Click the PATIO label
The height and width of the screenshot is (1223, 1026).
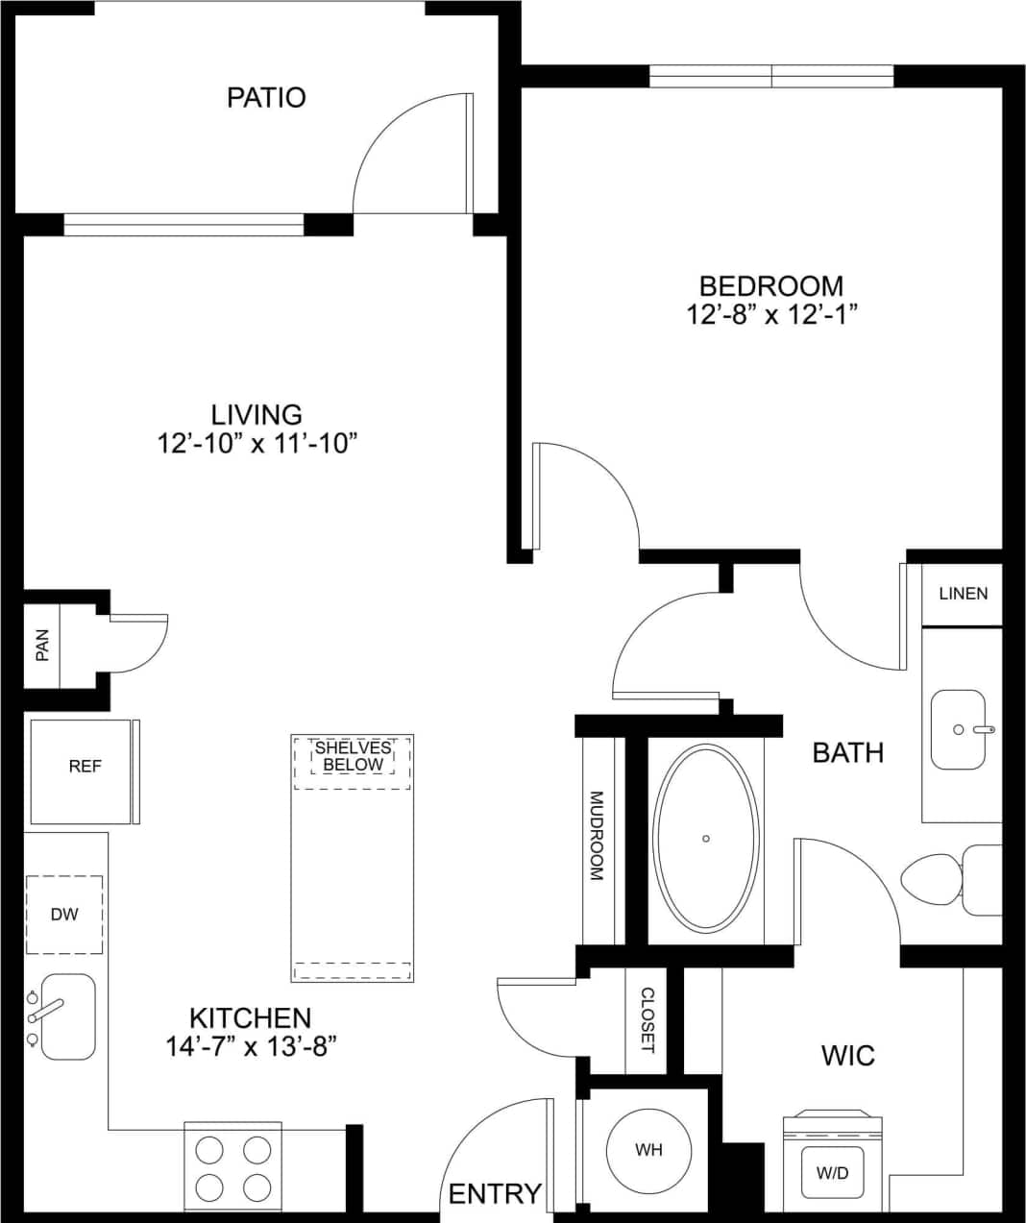pos(266,97)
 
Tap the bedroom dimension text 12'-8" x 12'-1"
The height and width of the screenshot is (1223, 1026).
pos(771,315)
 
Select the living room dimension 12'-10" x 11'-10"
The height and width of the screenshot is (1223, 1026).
pos(257,444)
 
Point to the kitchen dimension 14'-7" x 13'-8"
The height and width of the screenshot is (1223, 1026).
pos(251,1046)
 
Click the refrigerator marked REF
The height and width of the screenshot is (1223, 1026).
pos(84,767)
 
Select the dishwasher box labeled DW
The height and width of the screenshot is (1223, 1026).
pos(64,915)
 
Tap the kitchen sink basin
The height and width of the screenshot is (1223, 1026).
pos(67,1016)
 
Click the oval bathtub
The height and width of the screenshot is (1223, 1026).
pos(706,839)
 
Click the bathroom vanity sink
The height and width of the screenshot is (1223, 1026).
pos(958,730)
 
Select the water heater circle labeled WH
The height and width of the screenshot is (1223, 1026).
pos(648,1150)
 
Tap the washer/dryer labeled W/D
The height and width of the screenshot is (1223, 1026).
pos(832,1173)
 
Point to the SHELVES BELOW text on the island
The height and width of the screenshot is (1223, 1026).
pos(353,756)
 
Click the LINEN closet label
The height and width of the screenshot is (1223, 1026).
pos(963,594)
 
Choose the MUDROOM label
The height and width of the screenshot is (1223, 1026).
pos(597,836)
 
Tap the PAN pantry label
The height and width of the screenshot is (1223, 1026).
pos(41,646)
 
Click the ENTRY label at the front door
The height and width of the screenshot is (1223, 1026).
pos(495,1193)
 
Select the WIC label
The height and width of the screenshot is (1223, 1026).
pos(847,1056)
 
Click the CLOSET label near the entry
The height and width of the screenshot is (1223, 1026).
pos(647,1020)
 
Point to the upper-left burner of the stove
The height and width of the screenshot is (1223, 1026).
pos(209,1150)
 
